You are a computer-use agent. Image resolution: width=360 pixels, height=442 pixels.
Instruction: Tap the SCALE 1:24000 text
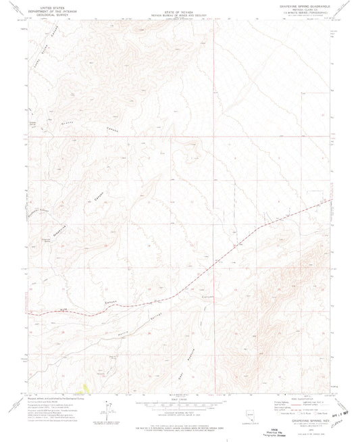pyautogui.click(x=180, y=396)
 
